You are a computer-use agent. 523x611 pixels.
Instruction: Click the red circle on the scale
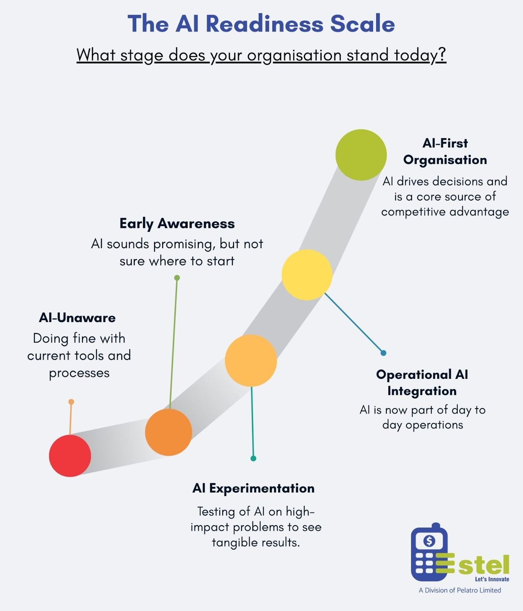click(70, 456)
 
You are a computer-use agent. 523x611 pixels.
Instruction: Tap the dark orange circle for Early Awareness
click(168, 432)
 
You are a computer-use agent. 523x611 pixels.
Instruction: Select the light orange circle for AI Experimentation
click(251, 360)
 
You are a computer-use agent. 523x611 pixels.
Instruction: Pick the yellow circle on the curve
click(307, 275)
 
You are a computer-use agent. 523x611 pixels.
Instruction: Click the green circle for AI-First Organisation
click(361, 155)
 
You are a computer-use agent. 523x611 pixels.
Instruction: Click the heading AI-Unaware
click(77, 318)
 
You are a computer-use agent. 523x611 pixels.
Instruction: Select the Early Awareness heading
click(177, 223)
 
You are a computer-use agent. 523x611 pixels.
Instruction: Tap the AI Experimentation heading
click(253, 488)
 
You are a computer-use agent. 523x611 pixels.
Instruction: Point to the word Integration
click(422, 391)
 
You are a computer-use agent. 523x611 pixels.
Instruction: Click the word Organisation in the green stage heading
click(445, 160)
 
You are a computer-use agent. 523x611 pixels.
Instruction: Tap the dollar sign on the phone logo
click(429, 541)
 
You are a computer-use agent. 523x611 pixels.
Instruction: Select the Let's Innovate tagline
click(492, 579)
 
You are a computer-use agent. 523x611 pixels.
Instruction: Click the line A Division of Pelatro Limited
click(460, 590)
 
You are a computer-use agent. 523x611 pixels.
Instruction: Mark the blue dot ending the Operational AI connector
click(383, 353)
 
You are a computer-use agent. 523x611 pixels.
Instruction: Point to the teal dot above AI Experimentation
click(253, 458)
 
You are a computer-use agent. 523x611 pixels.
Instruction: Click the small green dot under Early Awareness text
click(177, 278)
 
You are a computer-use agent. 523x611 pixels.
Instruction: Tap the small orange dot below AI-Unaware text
click(71, 402)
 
